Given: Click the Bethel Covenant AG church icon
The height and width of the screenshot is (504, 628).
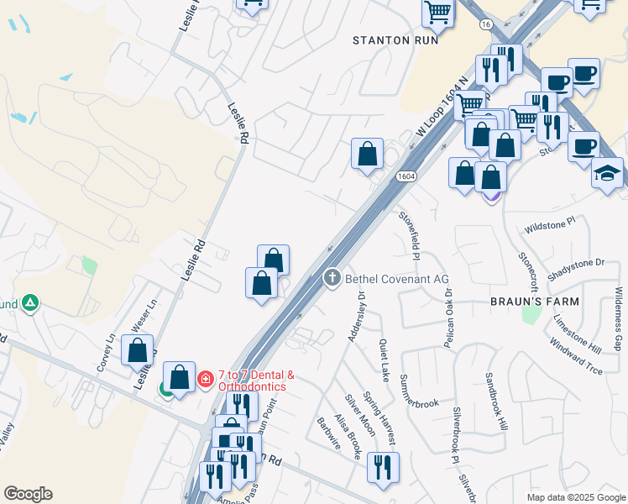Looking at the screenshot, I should [332, 277].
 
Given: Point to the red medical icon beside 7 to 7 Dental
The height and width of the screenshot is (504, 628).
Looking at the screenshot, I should [204, 381].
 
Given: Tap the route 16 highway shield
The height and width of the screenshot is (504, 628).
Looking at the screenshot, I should [485, 25].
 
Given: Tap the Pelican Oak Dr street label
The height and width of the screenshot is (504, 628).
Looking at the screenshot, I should [449, 318].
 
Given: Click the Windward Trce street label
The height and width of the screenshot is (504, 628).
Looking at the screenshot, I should [578, 354].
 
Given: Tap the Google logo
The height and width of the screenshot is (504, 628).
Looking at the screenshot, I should [28, 494].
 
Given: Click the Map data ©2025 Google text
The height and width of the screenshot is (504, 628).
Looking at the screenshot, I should [575, 497].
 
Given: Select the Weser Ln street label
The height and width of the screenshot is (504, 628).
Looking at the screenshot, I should [141, 318].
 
